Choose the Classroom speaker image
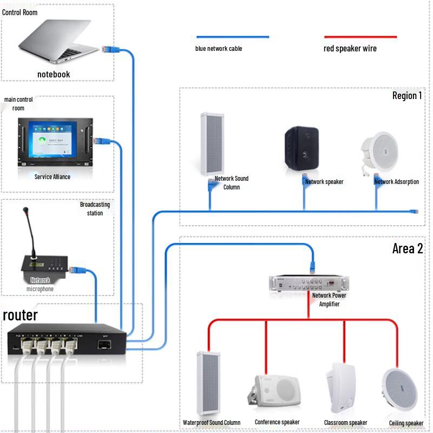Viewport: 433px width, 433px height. tap(342, 388)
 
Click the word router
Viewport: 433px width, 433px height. tap(21, 316)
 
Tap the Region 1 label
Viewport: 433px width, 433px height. tap(407, 96)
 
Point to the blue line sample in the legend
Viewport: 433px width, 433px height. tap(233, 37)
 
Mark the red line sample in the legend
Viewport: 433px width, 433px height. tap(360, 37)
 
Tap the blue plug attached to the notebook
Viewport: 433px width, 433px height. tap(108, 49)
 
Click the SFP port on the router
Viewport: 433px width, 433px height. tap(104, 344)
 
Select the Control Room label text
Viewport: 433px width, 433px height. tap(20, 12)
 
